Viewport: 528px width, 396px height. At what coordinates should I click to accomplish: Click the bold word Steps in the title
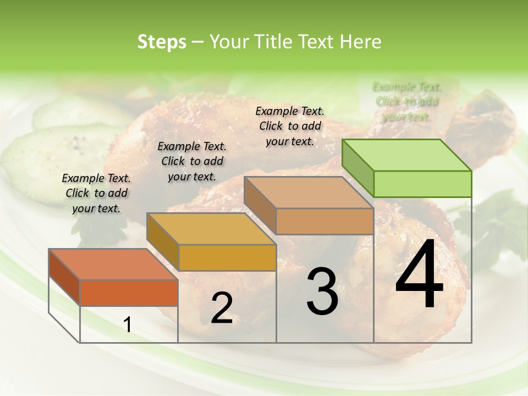point(162,42)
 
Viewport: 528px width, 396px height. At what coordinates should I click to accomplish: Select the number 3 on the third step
point(322,291)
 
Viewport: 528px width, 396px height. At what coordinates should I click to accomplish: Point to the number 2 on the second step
point(222,308)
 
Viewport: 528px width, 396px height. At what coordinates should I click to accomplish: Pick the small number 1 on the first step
point(128,325)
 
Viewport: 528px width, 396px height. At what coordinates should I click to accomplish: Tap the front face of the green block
point(422,184)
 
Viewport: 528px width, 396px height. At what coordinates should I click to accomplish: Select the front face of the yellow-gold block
point(227,257)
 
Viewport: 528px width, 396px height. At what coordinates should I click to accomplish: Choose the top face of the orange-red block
point(113,264)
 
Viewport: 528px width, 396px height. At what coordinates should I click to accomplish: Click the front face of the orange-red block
point(129,293)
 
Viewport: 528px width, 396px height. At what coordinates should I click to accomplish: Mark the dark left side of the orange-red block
point(64,277)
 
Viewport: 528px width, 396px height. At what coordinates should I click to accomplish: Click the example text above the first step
point(96,193)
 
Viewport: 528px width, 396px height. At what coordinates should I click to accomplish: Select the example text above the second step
point(192,161)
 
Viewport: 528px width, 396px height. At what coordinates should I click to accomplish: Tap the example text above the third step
point(290,126)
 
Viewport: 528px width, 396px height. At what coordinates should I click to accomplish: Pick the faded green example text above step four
point(407,102)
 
